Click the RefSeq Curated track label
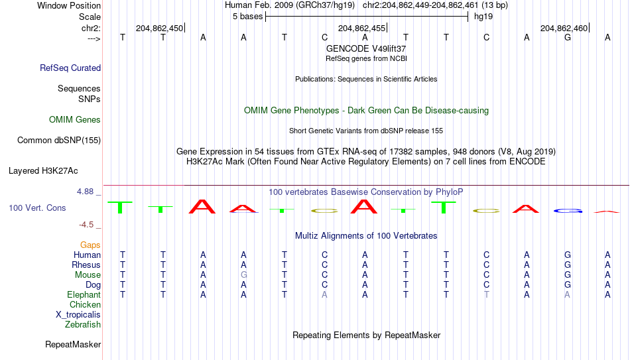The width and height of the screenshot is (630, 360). click(x=70, y=68)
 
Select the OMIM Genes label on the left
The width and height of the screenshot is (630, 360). click(x=75, y=120)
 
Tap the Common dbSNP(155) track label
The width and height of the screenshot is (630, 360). click(x=59, y=141)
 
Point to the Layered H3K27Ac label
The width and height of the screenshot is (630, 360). click(x=43, y=171)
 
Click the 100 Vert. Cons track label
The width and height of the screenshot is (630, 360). click(x=37, y=208)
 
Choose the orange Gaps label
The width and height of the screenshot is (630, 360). click(x=90, y=245)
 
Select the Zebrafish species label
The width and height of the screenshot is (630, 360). click(x=83, y=325)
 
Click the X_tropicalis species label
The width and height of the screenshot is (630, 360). click(x=78, y=315)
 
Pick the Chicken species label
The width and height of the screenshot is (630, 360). click(x=85, y=304)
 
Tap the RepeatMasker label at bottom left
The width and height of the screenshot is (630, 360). click(x=73, y=344)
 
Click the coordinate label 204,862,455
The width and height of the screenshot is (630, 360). click(x=361, y=28)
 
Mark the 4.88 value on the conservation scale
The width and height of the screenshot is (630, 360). click(x=85, y=192)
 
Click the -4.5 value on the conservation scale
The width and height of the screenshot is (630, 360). click(x=86, y=225)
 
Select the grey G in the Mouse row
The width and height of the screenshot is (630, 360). click(x=243, y=275)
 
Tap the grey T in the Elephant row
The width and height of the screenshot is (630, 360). click(x=486, y=294)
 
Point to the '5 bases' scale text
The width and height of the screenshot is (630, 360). click(x=247, y=17)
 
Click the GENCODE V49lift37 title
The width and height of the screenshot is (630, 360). click(x=366, y=48)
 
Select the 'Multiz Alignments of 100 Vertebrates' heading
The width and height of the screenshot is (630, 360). click(x=366, y=236)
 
